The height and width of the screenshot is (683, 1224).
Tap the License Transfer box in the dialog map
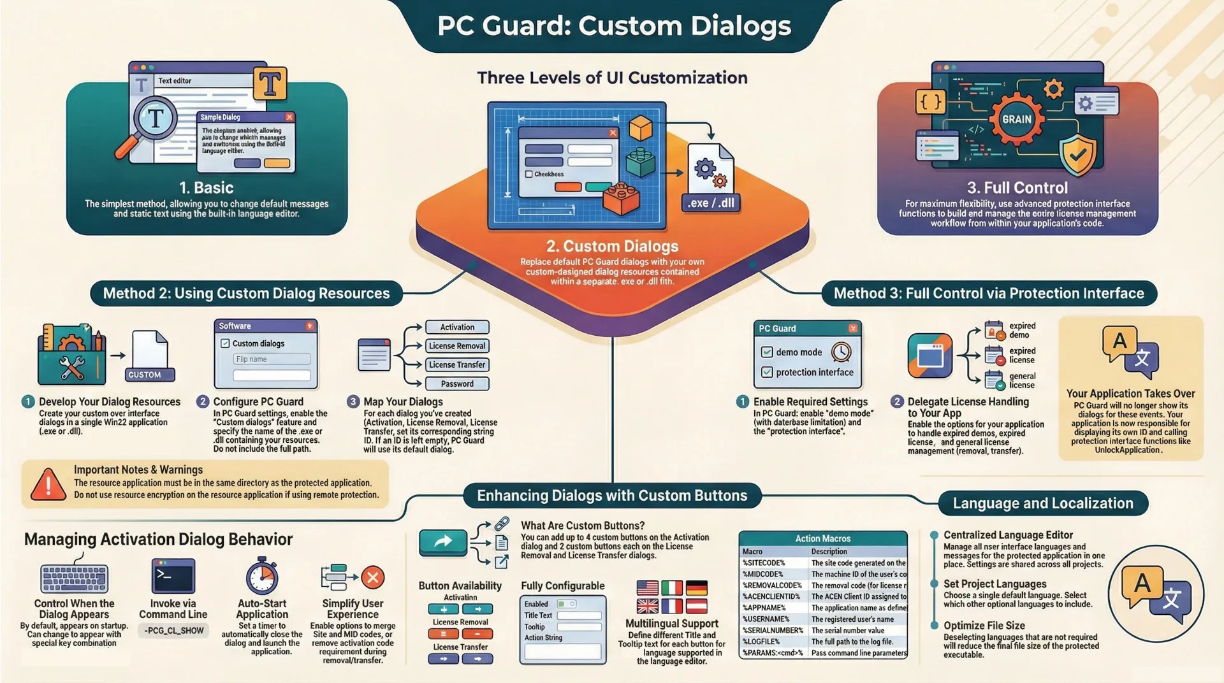457,365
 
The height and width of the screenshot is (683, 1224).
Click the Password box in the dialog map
457,384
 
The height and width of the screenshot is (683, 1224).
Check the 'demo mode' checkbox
767,352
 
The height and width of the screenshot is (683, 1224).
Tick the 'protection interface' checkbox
767,372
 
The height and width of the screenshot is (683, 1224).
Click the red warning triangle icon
48,484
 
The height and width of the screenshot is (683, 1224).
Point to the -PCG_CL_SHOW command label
173,631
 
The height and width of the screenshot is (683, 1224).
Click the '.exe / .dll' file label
710,203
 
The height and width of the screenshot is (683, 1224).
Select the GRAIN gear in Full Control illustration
1016,119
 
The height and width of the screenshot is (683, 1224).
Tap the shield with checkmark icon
1077,154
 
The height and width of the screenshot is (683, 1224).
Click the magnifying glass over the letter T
154,119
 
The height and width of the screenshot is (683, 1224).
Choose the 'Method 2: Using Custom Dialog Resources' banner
246,294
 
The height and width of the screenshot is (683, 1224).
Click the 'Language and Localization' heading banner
1043,503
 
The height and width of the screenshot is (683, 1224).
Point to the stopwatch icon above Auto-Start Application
262,577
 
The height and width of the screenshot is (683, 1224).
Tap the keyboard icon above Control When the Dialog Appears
75,577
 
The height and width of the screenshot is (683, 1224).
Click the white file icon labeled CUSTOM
151,356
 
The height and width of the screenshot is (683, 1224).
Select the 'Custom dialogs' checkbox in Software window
225,343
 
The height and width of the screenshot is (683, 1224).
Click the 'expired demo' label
1022,330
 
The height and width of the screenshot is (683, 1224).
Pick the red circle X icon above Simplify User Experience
373,578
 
